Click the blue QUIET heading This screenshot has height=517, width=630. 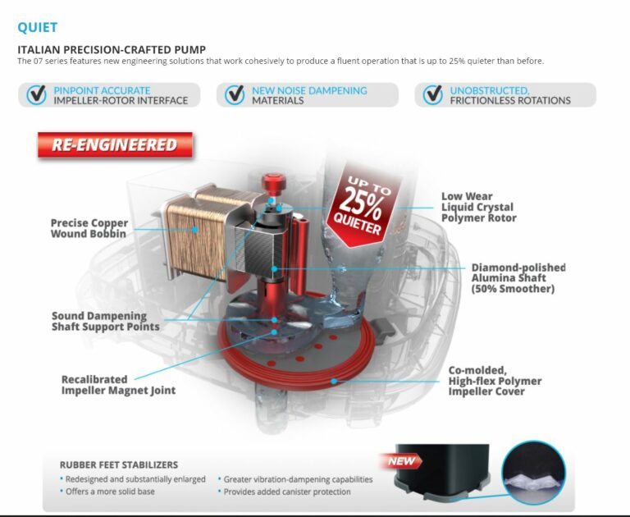pyautogui.click(x=38, y=27)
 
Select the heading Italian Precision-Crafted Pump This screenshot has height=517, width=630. pyautogui.click(x=112, y=50)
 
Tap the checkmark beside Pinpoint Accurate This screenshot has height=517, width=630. pyautogui.click(x=37, y=95)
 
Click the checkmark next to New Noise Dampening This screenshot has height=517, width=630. pyautogui.click(x=235, y=95)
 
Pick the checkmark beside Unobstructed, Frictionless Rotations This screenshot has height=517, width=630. pyautogui.click(x=433, y=95)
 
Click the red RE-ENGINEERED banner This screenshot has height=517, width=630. pyautogui.click(x=115, y=144)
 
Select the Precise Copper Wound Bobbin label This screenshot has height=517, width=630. pyautogui.click(x=89, y=228)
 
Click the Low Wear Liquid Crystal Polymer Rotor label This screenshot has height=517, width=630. pyautogui.click(x=479, y=207)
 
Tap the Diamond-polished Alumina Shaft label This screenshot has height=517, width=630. pyautogui.click(x=518, y=278)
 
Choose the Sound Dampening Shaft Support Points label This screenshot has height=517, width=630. pyautogui.click(x=106, y=321)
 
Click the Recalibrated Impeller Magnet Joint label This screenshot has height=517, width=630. pyautogui.click(x=118, y=385)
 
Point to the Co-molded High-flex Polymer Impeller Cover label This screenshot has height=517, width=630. pyautogui.click(x=495, y=381)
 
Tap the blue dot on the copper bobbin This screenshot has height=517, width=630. pyautogui.click(x=195, y=230)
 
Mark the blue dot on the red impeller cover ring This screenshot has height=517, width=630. pyautogui.click(x=334, y=381)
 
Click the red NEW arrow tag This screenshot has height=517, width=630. pyautogui.click(x=400, y=461)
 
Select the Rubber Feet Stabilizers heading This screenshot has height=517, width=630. pyautogui.click(x=119, y=464)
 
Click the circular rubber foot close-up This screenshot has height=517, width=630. pyautogui.click(x=533, y=473)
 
